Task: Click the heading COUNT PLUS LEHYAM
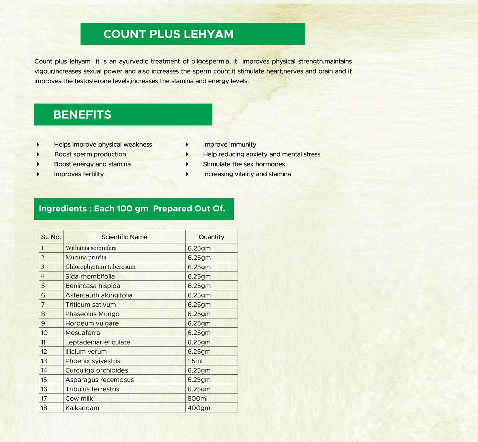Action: [168, 34]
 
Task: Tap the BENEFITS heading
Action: [82, 115]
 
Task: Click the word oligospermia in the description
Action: [210, 62]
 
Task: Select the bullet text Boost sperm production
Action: [90, 154]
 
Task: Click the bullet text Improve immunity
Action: [229, 144]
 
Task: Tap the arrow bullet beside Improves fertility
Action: [38, 174]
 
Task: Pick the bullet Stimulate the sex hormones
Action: [244, 164]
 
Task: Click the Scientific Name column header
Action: [124, 237]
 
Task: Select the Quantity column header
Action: [211, 237]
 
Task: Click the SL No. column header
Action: [51, 237]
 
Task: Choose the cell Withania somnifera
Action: [91, 248]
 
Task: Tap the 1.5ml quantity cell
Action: [195, 361]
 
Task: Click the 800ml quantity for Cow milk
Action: [198, 399]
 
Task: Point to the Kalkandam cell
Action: [82, 408]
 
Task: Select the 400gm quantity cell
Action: [199, 408]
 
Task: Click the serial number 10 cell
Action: [44, 333]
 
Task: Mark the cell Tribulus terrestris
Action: [92, 389]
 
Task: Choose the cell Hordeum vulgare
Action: [92, 323]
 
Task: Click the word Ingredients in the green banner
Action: [63, 209]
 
